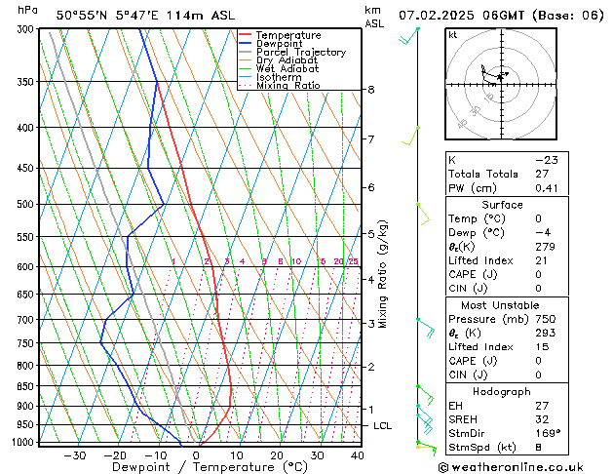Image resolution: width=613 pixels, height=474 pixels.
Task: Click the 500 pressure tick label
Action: point(25,205)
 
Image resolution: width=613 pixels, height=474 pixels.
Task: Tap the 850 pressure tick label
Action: point(25,386)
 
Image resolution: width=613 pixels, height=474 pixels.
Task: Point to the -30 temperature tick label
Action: point(75,454)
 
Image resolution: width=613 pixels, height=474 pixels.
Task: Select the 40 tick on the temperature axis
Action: point(358,454)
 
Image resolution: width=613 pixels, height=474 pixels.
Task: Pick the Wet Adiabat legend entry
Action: point(287,68)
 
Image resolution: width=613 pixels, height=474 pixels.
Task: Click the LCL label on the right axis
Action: point(383,426)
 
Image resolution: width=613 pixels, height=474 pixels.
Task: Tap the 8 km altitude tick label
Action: point(371,90)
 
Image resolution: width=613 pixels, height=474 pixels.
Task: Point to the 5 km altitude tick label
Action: point(371,234)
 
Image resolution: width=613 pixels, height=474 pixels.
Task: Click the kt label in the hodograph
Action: point(453,35)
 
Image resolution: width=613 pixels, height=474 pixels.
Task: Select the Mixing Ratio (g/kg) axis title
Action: point(383,274)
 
